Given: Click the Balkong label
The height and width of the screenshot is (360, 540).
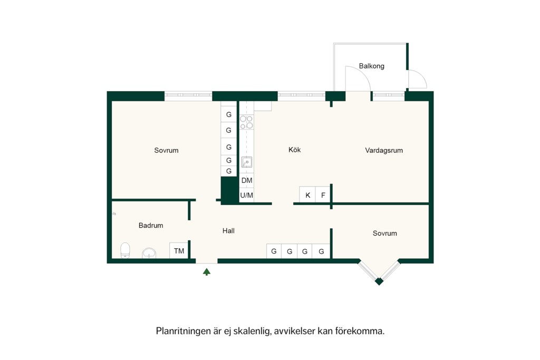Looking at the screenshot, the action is pyautogui.click(x=371, y=66).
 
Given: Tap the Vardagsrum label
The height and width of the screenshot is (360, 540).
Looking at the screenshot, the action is pyautogui.click(x=384, y=150).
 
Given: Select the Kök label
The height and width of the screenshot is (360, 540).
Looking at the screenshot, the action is pyautogui.click(x=294, y=150).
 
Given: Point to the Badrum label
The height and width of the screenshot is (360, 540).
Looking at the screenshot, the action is pyautogui.click(x=151, y=226).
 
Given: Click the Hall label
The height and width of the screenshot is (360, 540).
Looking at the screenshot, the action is pyautogui.click(x=228, y=231).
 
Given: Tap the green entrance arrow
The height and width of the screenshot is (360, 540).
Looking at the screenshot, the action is pyautogui.click(x=207, y=272).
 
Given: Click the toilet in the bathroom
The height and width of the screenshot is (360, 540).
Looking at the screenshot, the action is pyautogui.click(x=125, y=250).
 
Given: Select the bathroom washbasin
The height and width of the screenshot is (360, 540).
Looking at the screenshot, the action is pyautogui.click(x=149, y=253).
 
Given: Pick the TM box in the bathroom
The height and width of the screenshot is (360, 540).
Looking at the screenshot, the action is pyautogui.click(x=179, y=250).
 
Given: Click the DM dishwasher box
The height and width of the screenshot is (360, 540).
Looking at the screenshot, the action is pyautogui.click(x=247, y=180).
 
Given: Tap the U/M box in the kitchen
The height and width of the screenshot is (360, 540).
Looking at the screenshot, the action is pyautogui.click(x=247, y=196).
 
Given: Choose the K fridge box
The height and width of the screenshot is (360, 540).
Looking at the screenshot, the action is pyautogui.click(x=307, y=195).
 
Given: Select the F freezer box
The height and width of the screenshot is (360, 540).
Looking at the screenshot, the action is pyautogui.click(x=323, y=195).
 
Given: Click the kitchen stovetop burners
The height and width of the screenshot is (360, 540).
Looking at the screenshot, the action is pyautogui.click(x=247, y=122).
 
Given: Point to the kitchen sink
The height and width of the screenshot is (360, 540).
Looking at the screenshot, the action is pyautogui.click(x=247, y=162).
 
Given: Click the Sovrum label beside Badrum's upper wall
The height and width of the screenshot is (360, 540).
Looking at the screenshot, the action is pyautogui.click(x=166, y=150).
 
